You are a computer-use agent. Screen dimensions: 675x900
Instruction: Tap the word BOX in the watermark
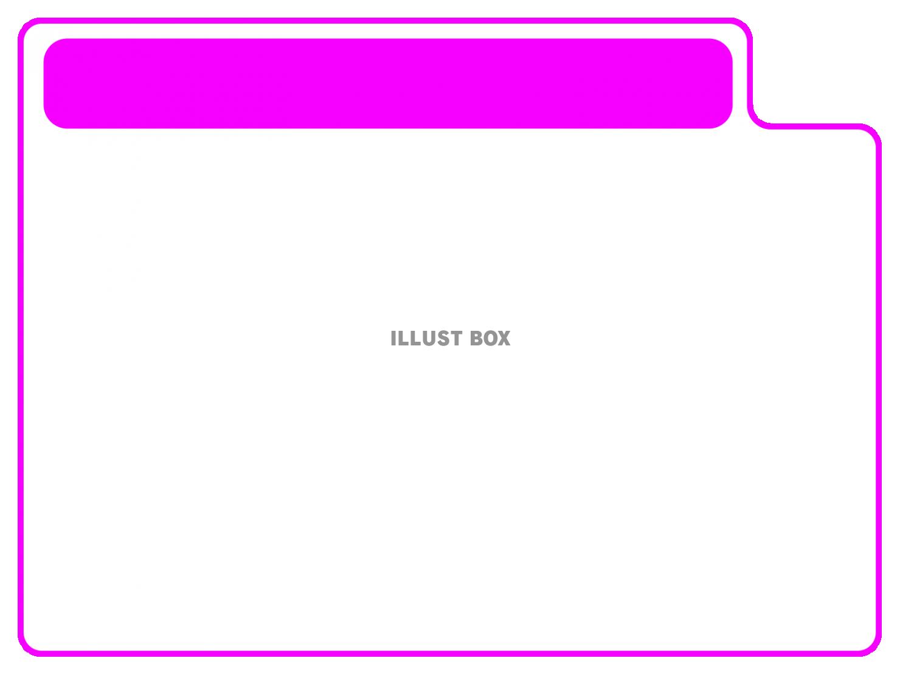pos(490,339)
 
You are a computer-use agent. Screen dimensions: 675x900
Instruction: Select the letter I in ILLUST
pos(393,339)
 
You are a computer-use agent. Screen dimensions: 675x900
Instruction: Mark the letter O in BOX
pos(490,339)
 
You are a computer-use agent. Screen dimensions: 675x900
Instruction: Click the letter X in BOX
pos(504,339)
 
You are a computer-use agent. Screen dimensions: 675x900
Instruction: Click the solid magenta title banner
pos(388,83)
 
